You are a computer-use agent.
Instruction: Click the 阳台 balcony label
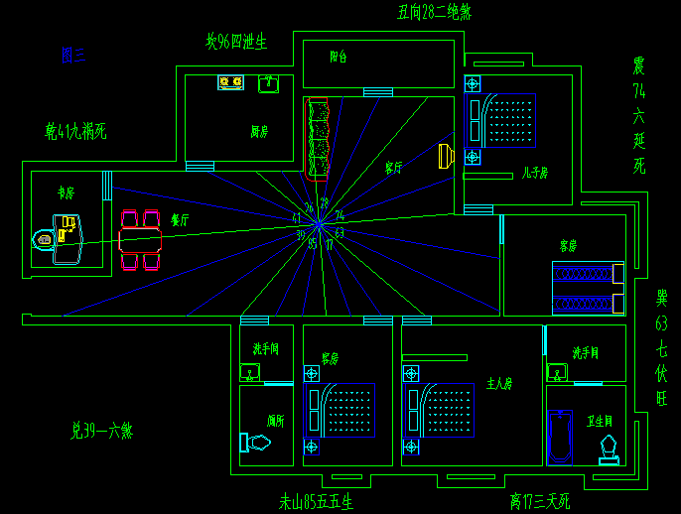(339, 58)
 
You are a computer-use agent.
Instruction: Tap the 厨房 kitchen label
(260, 130)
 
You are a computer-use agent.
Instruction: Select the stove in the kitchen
(231, 82)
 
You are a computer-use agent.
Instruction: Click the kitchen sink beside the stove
(268, 83)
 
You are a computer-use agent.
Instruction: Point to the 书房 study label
(67, 193)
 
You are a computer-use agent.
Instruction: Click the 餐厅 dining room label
(180, 221)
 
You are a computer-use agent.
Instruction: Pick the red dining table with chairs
(140, 240)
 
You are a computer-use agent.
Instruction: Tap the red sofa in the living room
(318, 138)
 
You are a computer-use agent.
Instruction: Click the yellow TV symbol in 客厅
(445, 156)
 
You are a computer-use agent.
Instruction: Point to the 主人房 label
(499, 381)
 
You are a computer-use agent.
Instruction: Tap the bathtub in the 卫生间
(561, 437)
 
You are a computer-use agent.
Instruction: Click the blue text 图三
(73, 56)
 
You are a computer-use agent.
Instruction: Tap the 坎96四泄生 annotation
(236, 43)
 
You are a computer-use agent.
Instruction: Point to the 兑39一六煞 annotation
(101, 431)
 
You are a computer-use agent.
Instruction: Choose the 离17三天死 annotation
(540, 501)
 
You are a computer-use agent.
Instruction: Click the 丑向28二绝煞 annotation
(434, 12)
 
